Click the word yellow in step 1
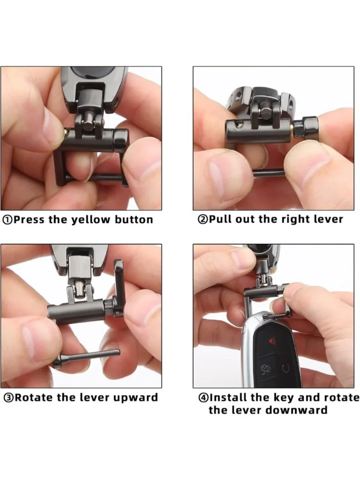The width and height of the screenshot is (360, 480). [x=91, y=220]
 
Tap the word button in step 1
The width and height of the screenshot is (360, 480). [x=134, y=220]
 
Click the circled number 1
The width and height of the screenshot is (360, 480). [x=7, y=220]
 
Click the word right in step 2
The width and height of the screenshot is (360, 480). [x=294, y=220]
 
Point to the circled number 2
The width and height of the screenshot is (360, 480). [x=203, y=219]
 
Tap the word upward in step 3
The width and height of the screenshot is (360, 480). [x=135, y=398]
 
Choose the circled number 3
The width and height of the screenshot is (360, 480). [x=9, y=398]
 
